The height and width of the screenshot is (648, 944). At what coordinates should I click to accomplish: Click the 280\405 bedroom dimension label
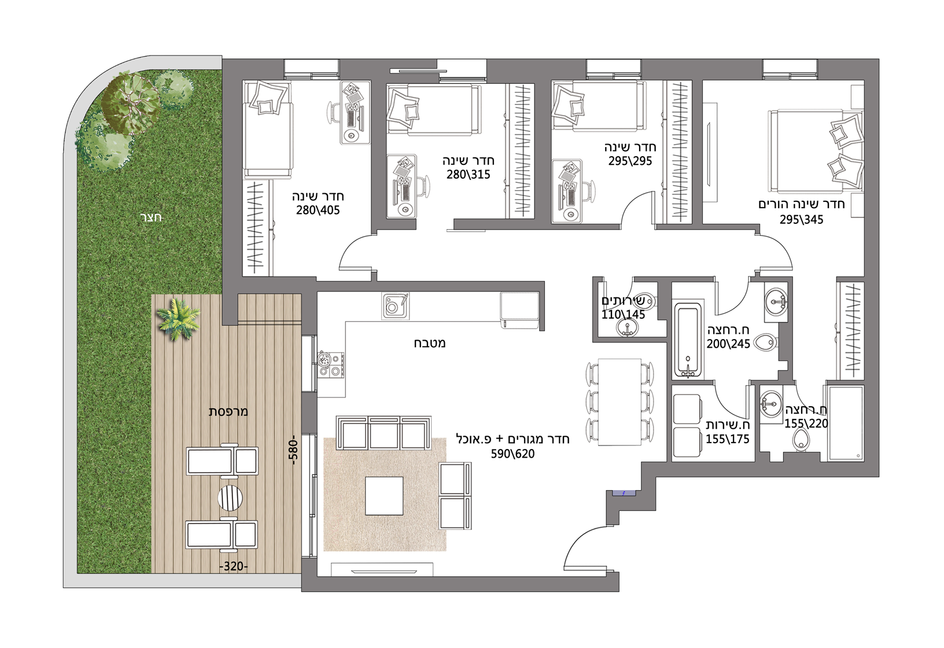tap(318, 210)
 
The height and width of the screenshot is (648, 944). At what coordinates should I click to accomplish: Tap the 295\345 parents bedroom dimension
tap(801, 220)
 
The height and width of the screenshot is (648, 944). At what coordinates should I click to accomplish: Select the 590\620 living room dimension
tap(512, 454)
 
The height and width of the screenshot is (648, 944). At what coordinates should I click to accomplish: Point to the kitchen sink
tap(395, 305)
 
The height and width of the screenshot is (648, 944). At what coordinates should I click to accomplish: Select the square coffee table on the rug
tap(384, 496)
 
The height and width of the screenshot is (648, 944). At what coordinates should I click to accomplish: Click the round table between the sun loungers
tap(230, 498)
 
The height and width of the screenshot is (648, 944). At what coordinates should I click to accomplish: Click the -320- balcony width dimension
tap(234, 566)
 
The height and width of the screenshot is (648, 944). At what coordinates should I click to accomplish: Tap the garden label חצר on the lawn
tap(151, 218)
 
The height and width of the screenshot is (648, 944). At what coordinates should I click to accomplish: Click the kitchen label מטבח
tap(429, 343)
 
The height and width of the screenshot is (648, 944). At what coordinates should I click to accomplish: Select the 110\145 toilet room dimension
tap(623, 315)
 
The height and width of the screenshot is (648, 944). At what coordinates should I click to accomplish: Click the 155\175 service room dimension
tap(728, 439)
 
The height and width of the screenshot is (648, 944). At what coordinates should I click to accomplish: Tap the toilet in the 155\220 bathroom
tap(799, 441)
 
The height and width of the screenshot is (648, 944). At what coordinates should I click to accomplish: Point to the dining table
tap(620, 402)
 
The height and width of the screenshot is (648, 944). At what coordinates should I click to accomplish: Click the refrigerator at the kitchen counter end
tap(519, 310)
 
